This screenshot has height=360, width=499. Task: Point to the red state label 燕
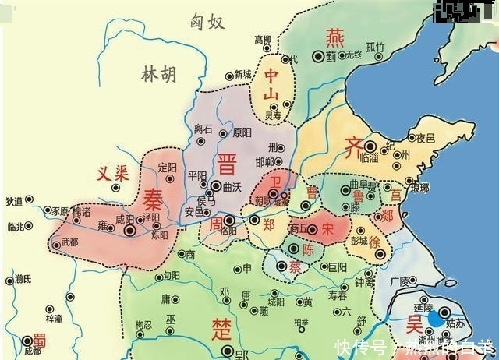334,37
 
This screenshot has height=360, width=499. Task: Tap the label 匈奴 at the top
207,22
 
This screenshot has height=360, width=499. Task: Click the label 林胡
158,75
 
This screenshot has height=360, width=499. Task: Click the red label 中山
271,85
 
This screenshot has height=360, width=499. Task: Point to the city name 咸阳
125,220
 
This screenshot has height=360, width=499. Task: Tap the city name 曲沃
232,188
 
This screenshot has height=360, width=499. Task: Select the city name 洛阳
228,231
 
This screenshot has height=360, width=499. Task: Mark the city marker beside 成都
28,340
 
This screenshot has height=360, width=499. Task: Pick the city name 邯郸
265,161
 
